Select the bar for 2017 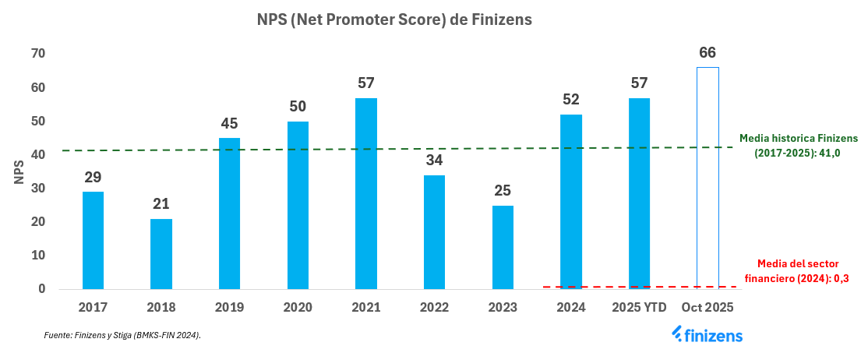[x=93, y=240]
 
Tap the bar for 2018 [x=161, y=253]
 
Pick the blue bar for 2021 [x=366, y=193]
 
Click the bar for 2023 [x=503, y=247]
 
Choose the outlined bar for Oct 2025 [x=708, y=178]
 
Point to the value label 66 [x=708, y=53]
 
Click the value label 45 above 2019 [x=229, y=123]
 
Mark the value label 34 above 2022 [x=434, y=161]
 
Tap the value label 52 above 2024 [x=571, y=100]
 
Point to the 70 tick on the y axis [x=37, y=54]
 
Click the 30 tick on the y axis [x=37, y=189]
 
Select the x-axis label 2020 [x=298, y=308]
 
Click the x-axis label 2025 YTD [x=639, y=308]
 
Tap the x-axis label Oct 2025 [x=708, y=308]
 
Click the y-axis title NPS [x=19, y=171]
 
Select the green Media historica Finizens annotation [x=798, y=146]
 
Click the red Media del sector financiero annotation [x=803, y=271]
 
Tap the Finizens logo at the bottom [x=707, y=335]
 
